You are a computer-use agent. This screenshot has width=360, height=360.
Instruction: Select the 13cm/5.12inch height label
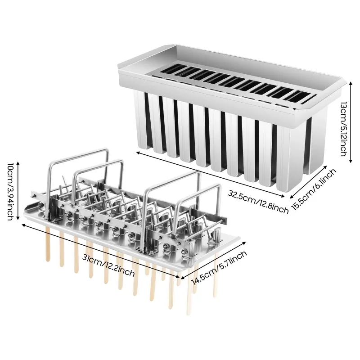click(x=344, y=128)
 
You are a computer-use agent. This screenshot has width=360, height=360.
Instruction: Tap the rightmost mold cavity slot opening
click(x=298, y=96)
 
